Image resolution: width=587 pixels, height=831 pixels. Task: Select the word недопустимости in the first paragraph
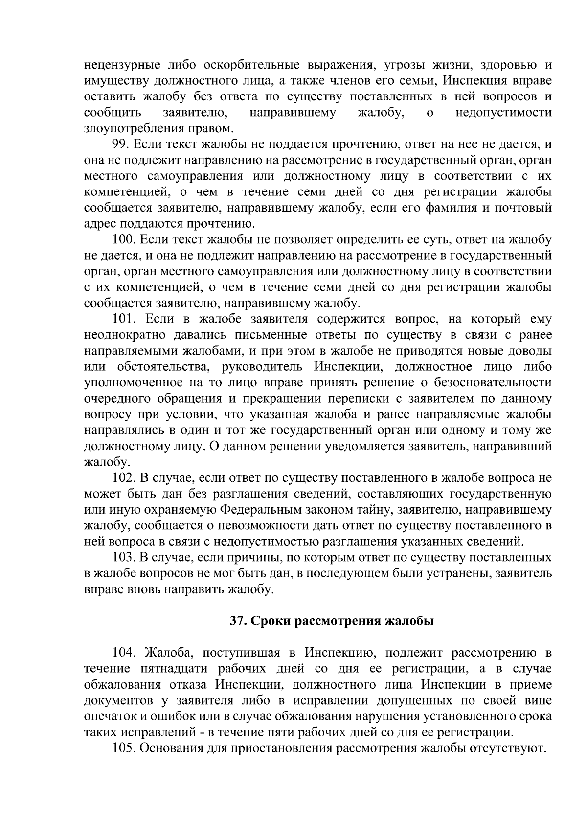503,113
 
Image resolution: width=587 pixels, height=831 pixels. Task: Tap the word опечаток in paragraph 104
109,717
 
